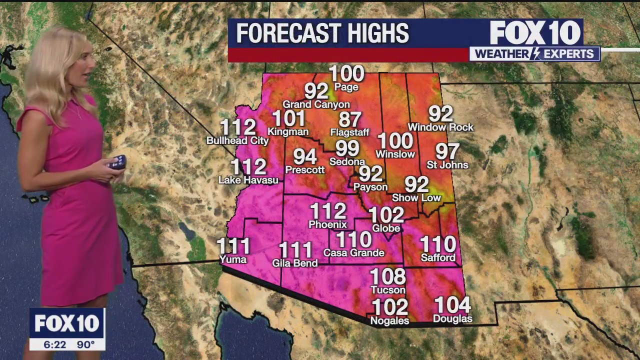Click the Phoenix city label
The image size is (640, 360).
click(x=327, y=224)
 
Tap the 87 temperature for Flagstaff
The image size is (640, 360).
click(x=350, y=120)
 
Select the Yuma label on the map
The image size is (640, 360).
click(x=233, y=259)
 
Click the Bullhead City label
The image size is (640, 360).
click(x=237, y=140)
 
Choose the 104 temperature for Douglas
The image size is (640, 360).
click(x=452, y=305)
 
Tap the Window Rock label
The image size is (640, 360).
click(x=440, y=127)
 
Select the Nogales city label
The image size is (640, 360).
click(x=389, y=320)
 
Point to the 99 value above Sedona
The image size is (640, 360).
click(x=347, y=148)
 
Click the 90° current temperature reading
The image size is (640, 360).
click(x=85, y=344)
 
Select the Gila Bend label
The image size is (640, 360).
click(x=294, y=263)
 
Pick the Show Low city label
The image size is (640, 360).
click(x=416, y=197)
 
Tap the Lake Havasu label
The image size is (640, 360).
click(x=248, y=180)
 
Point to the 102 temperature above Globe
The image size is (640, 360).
click(x=386, y=215)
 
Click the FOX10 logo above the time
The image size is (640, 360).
click(x=67, y=323)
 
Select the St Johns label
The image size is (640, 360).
click(x=447, y=164)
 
